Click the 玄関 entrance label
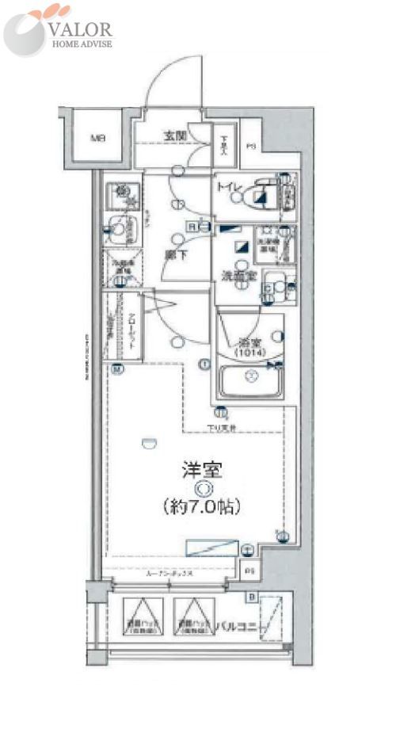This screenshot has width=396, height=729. (175, 135)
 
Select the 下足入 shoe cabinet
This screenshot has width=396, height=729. (225, 143)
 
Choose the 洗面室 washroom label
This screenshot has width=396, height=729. (238, 278)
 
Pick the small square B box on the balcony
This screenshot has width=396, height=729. (251, 597)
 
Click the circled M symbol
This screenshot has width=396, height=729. (116, 368)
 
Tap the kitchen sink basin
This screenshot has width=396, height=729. (120, 231)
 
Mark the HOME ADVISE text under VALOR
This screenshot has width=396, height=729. (82, 44)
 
